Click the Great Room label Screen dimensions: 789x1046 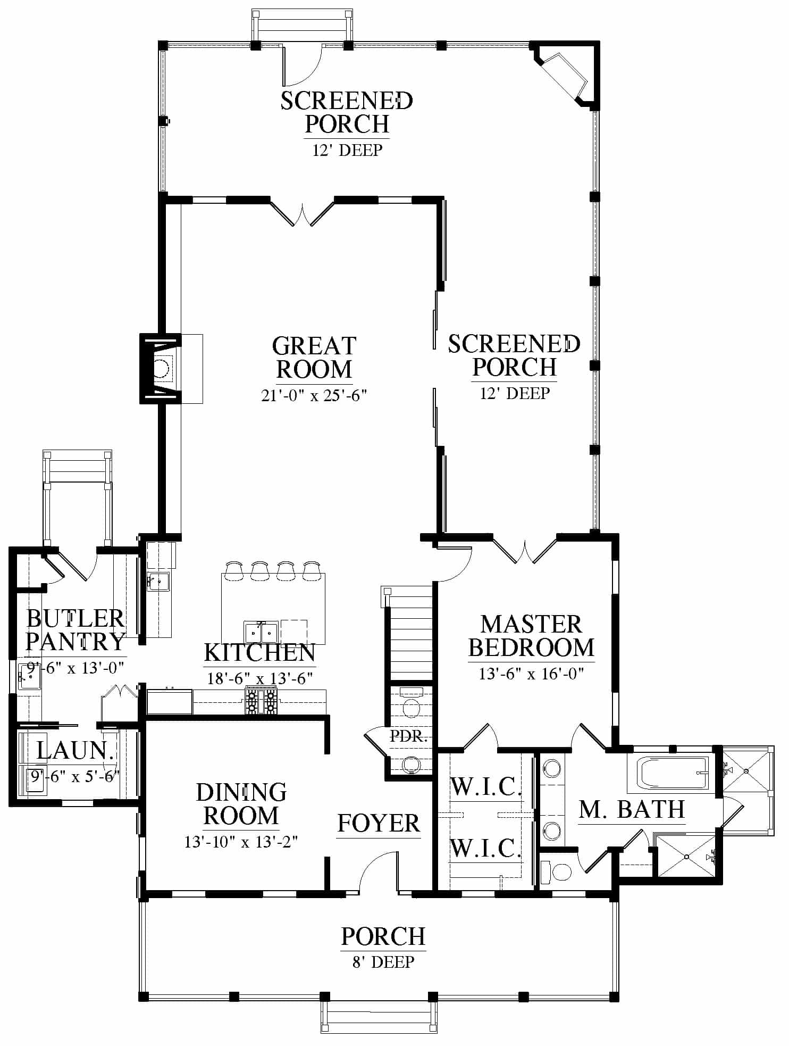(314, 358)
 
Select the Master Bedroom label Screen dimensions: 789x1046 (531, 636)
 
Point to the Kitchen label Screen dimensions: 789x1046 (259, 652)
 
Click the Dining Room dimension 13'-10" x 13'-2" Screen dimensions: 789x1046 (241, 842)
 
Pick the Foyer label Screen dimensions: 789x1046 (379, 823)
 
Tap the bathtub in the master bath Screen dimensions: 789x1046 (674, 773)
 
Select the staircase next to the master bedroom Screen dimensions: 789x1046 (411, 633)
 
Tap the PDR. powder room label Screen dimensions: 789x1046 (408, 737)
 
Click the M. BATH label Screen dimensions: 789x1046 (632, 809)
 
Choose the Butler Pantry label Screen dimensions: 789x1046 (75, 630)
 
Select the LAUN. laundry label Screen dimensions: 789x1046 (75, 751)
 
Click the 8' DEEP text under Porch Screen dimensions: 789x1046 (383, 962)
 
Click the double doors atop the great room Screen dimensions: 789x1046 (303, 213)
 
